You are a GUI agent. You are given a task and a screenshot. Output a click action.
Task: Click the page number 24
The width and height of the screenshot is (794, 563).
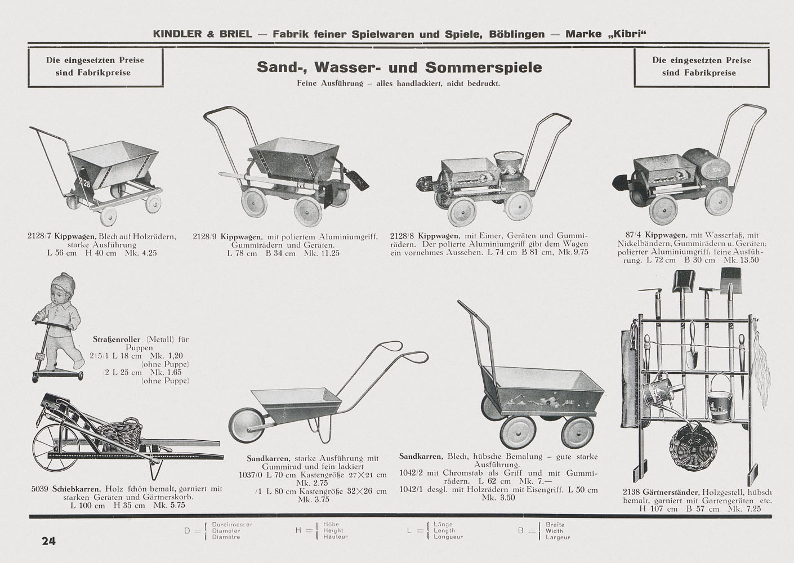pos(48,541)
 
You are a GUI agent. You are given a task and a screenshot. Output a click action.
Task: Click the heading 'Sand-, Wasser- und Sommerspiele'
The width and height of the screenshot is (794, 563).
pos(399,68)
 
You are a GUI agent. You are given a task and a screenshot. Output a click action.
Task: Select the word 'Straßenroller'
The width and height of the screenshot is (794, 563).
pos(116,339)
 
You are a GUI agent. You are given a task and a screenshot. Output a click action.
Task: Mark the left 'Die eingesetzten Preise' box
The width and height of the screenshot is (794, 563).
pos(95,66)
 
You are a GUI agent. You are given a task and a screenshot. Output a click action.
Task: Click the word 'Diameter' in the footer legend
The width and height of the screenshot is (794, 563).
pos(226,530)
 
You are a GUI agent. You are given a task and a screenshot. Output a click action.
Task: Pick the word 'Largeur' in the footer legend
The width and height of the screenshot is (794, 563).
pos(558,537)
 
